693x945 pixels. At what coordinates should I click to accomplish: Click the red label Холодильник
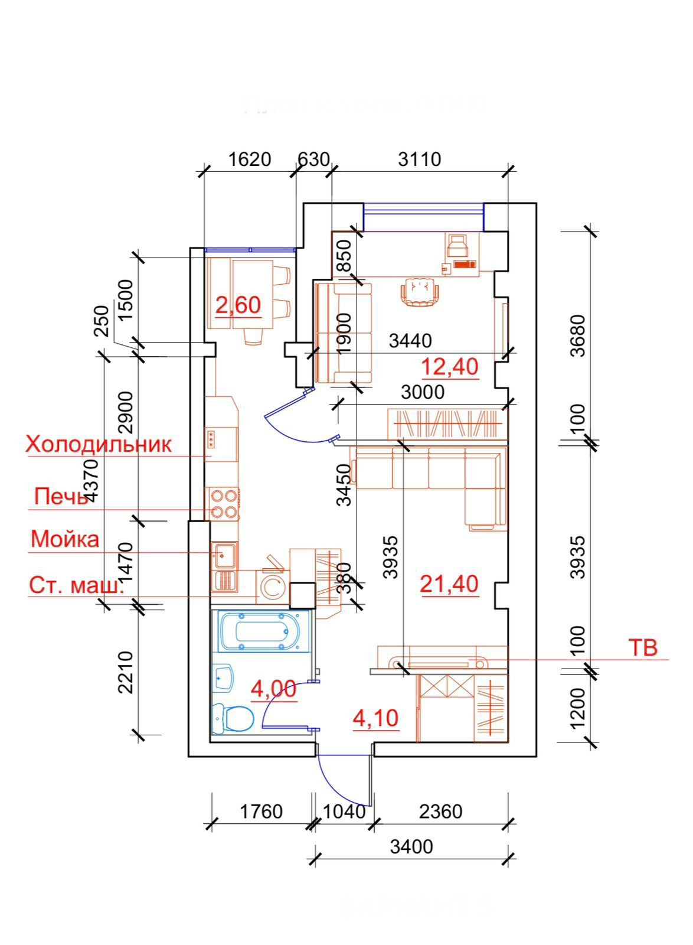click(99, 444)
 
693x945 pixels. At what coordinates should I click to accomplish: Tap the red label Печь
click(61, 496)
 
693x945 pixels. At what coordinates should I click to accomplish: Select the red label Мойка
click(65, 539)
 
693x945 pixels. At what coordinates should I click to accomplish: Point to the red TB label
click(642, 647)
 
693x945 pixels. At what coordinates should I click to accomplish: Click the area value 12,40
click(449, 367)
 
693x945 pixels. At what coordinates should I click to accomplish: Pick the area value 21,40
click(449, 584)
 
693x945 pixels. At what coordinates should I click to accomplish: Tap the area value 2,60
click(238, 305)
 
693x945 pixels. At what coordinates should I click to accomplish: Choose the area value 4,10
click(375, 718)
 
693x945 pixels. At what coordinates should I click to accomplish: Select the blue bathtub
click(260, 631)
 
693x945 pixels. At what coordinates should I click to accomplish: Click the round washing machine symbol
click(272, 587)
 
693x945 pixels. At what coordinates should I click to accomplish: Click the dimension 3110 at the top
click(420, 159)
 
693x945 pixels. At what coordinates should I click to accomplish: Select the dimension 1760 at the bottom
click(261, 812)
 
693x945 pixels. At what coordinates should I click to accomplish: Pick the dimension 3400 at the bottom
click(411, 847)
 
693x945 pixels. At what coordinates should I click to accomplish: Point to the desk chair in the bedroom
click(420, 291)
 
